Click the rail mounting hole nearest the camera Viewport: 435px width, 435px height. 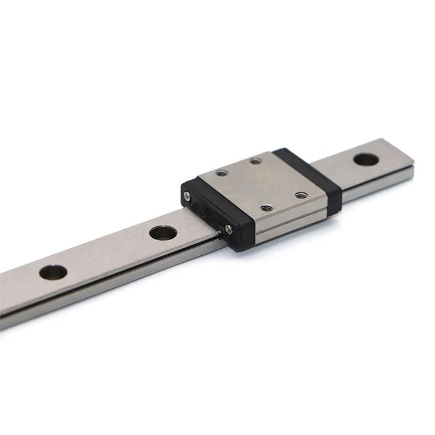(x=53, y=271)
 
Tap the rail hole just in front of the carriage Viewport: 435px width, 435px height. (x=163, y=233)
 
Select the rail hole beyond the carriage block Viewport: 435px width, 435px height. (x=364, y=158)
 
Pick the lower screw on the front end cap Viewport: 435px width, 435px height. (x=229, y=230)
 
